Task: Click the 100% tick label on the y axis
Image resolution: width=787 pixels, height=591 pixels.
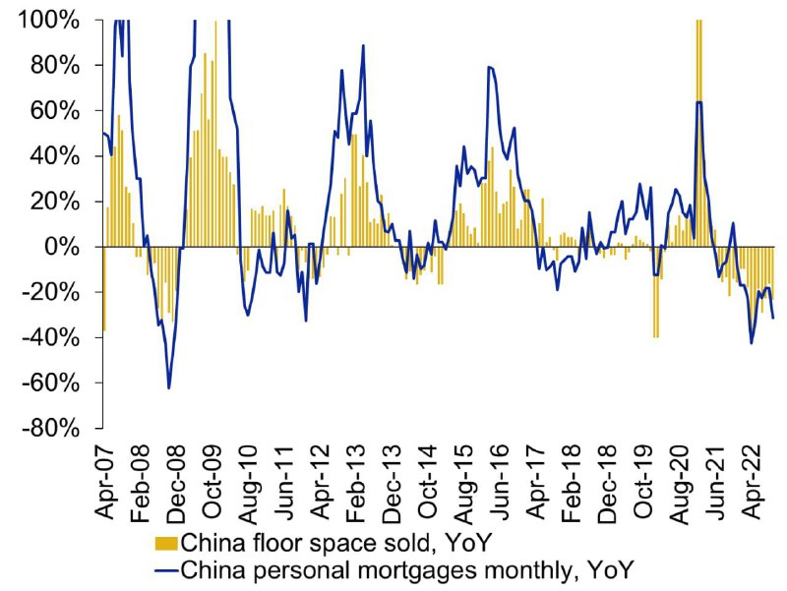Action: (48, 21)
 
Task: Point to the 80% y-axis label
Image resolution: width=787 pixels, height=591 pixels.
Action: (55, 66)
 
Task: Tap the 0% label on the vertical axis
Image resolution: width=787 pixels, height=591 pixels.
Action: (62, 248)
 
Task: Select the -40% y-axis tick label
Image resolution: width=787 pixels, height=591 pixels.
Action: (51, 338)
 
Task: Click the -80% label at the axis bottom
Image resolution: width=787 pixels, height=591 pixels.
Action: (51, 430)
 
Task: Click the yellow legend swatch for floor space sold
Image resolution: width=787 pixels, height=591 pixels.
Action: (166, 544)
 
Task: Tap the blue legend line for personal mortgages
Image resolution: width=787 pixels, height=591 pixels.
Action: (166, 571)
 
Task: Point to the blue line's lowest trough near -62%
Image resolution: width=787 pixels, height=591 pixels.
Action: (168, 387)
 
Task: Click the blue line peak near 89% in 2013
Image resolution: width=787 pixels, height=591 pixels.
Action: (363, 45)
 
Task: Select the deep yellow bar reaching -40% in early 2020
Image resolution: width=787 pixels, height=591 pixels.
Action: (655, 292)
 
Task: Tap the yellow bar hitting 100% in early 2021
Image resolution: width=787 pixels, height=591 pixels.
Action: (698, 134)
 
